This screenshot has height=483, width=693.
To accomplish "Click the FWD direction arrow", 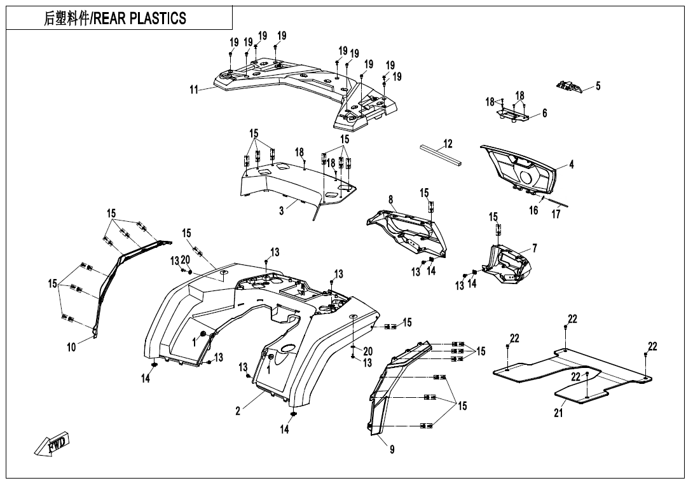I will tap(54, 444).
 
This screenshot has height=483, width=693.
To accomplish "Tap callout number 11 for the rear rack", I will tap(193, 90).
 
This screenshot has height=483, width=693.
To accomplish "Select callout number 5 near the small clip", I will tap(598, 86).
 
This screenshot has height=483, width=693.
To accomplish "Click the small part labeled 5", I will tap(569, 86).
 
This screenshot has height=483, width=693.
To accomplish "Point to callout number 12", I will tap(448, 144).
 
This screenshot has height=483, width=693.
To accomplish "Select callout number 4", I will tap(571, 165).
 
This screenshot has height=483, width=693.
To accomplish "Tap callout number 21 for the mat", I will tap(558, 413).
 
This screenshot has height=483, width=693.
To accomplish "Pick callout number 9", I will tap(392, 449).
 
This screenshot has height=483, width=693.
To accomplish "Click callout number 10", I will tap(71, 348).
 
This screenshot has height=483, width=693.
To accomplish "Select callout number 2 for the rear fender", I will tap(238, 411).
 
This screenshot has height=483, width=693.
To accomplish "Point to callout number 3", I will tap(282, 211).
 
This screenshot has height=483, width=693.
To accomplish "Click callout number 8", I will tap(390, 200).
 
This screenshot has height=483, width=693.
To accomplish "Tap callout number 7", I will tap(534, 248).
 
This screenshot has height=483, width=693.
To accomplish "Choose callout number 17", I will tap(556, 215).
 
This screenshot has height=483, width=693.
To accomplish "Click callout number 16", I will tap(533, 210).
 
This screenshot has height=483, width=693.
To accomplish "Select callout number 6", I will tap(544, 113).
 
